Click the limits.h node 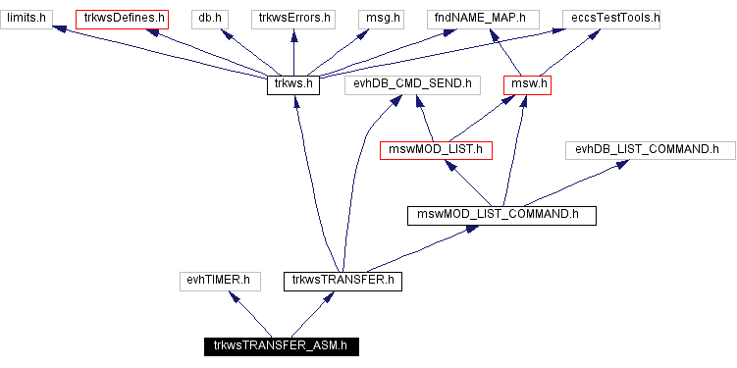point(26,18)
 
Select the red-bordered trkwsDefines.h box point(124,18)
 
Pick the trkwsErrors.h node point(295,18)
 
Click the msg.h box point(378,18)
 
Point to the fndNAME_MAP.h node point(480,18)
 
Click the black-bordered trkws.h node point(294,84)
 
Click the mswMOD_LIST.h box point(436,150)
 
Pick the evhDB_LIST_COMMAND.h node point(648,150)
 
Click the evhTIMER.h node point(218,281)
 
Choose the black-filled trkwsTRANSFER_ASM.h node point(281,345)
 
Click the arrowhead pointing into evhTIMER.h point(232,295)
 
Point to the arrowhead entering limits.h point(60,30)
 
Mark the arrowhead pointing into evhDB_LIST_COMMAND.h point(621,164)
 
